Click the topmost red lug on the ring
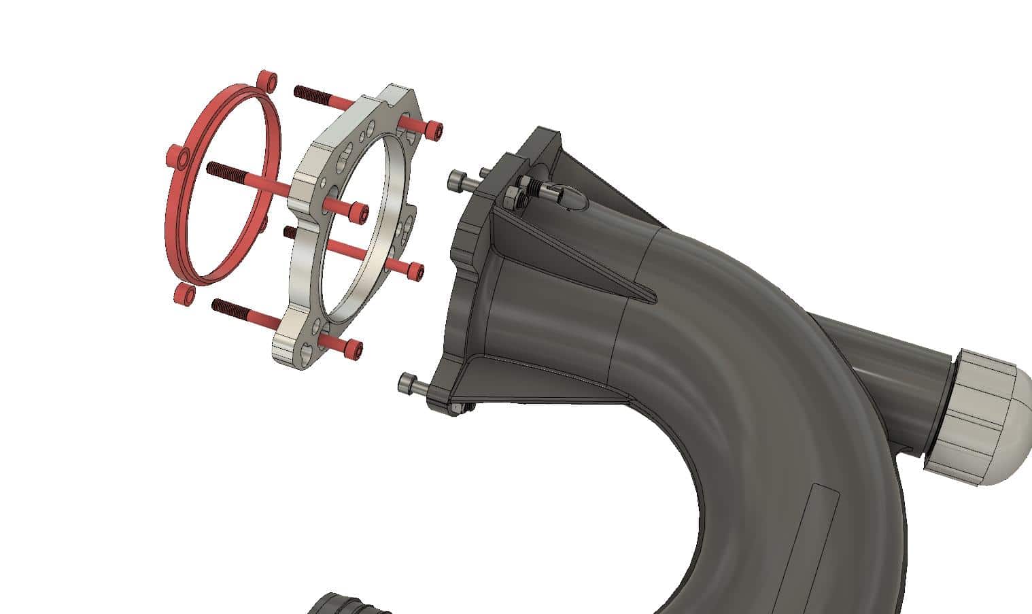(267, 80)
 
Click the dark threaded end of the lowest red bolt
(222, 305)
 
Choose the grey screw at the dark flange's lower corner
(409, 383)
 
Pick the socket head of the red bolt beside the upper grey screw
(358, 213)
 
